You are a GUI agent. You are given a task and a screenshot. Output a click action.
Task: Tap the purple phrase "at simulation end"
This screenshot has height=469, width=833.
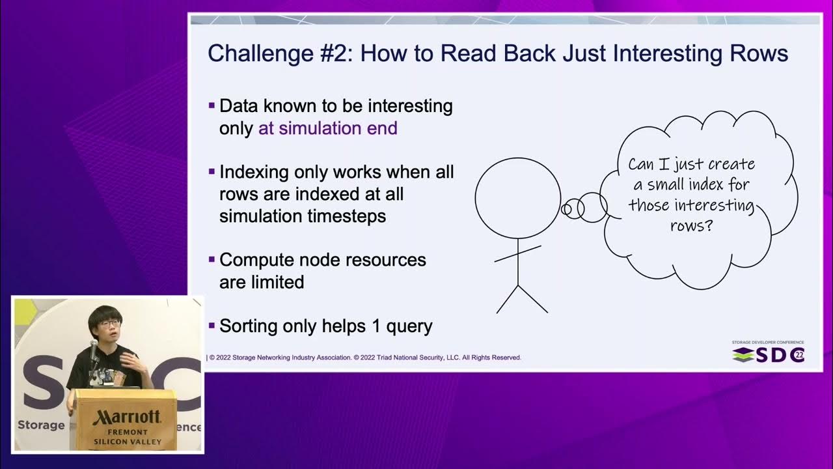pyautogui.click(x=328, y=128)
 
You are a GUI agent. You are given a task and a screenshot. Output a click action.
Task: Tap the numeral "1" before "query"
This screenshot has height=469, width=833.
pyautogui.click(x=376, y=326)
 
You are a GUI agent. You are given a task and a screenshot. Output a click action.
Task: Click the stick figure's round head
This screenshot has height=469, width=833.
pyautogui.click(x=518, y=198)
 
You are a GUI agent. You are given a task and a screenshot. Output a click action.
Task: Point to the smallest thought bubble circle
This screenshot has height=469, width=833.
pyautogui.click(x=566, y=209)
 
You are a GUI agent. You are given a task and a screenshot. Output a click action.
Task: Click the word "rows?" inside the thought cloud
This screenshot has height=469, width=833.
pyautogui.click(x=691, y=225)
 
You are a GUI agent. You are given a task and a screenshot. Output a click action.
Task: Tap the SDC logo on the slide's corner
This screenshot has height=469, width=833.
pyautogui.click(x=769, y=355)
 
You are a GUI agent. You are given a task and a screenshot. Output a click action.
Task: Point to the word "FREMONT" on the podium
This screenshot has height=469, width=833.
pyautogui.click(x=128, y=433)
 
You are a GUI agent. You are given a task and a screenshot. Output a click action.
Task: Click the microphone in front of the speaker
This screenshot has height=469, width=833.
pyautogui.click(x=94, y=347)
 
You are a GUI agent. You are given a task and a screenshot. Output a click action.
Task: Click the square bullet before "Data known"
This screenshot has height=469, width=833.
pyautogui.click(x=212, y=106)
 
